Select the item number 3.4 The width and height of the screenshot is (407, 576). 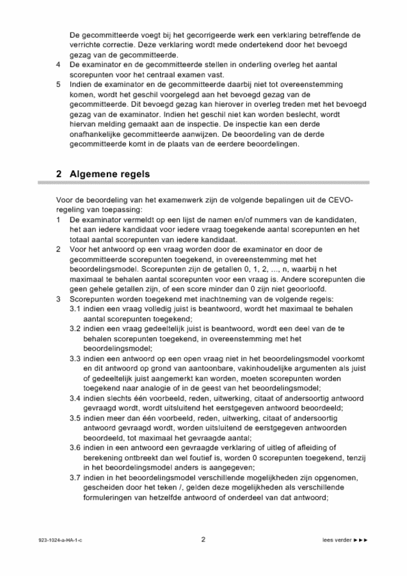click(76, 398)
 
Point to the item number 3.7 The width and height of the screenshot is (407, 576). click(76, 477)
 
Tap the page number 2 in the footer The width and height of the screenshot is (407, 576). click(203, 540)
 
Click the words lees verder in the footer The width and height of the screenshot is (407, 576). click(337, 540)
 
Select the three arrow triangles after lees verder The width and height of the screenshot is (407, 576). click(362, 540)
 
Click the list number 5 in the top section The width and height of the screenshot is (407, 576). click(59, 84)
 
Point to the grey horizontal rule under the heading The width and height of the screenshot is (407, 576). click(203, 184)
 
